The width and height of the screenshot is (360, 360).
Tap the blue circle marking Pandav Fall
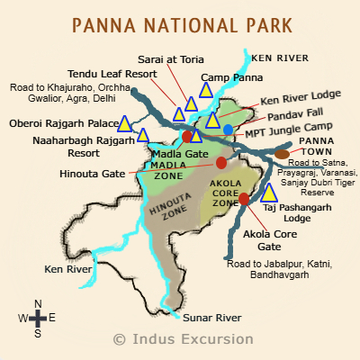[x=229, y=130]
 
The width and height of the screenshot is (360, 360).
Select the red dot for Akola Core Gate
[x=244, y=198]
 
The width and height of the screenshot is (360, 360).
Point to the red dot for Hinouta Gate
[x=221, y=163]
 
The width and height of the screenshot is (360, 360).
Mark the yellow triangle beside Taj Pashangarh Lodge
[x=268, y=193]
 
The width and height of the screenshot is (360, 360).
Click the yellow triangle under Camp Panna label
[x=206, y=90]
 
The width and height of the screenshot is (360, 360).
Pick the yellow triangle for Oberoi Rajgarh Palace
[x=125, y=124]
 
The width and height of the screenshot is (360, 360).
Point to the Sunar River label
[x=212, y=318]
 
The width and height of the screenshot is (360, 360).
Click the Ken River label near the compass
[x=68, y=268]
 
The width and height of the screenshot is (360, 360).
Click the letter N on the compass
[x=38, y=303]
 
